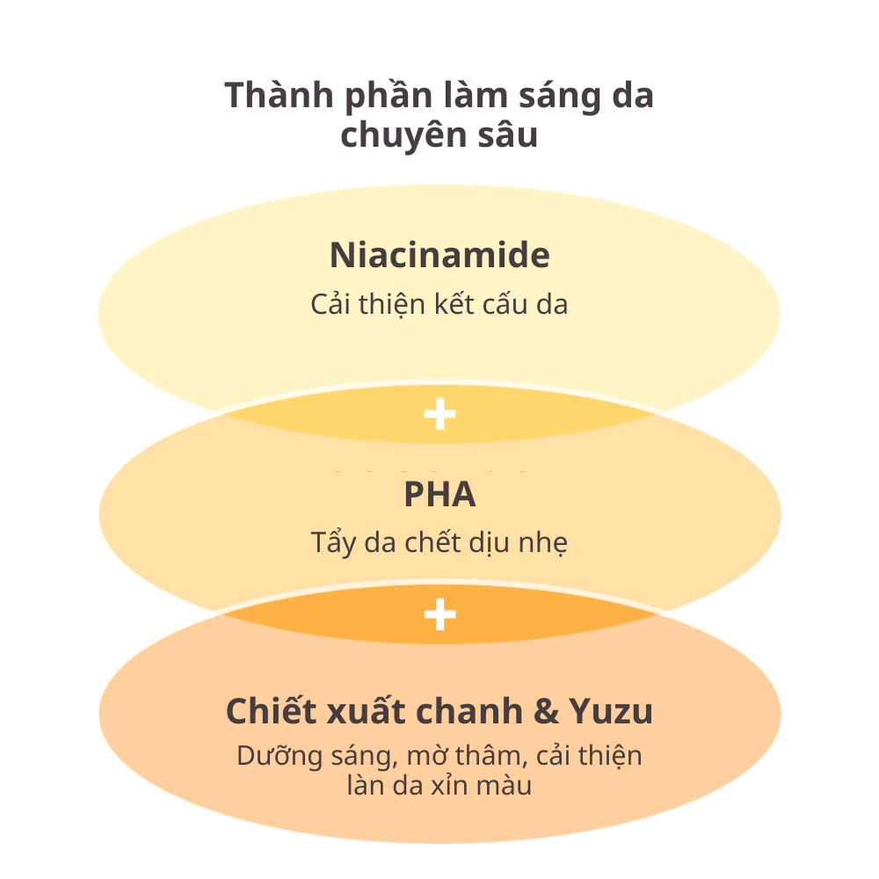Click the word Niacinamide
(x=439, y=256)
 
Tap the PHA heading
(x=439, y=495)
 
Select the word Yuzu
(x=615, y=712)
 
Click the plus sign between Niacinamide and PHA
(x=439, y=415)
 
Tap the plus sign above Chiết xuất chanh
(x=439, y=615)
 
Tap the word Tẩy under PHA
(x=331, y=543)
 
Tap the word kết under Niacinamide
(x=456, y=305)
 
